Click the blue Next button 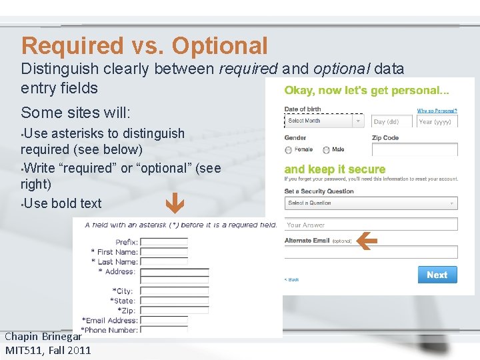click(x=437, y=275)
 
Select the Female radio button click(x=289, y=150)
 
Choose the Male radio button click(x=327, y=150)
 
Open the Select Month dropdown click(x=325, y=121)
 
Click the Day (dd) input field click(x=391, y=122)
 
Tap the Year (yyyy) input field click(x=437, y=122)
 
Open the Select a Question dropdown click(x=371, y=203)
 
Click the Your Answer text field click(x=371, y=225)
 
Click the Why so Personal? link click(x=437, y=111)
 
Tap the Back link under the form click(x=292, y=280)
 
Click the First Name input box click(x=164, y=252)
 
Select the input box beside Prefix click(x=164, y=243)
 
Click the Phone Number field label click(x=109, y=330)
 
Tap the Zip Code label click(x=385, y=138)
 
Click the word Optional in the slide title click(x=219, y=46)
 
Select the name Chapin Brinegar click(x=43, y=337)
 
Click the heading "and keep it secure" click(x=335, y=169)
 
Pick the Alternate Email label click(x=307, y=241)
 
